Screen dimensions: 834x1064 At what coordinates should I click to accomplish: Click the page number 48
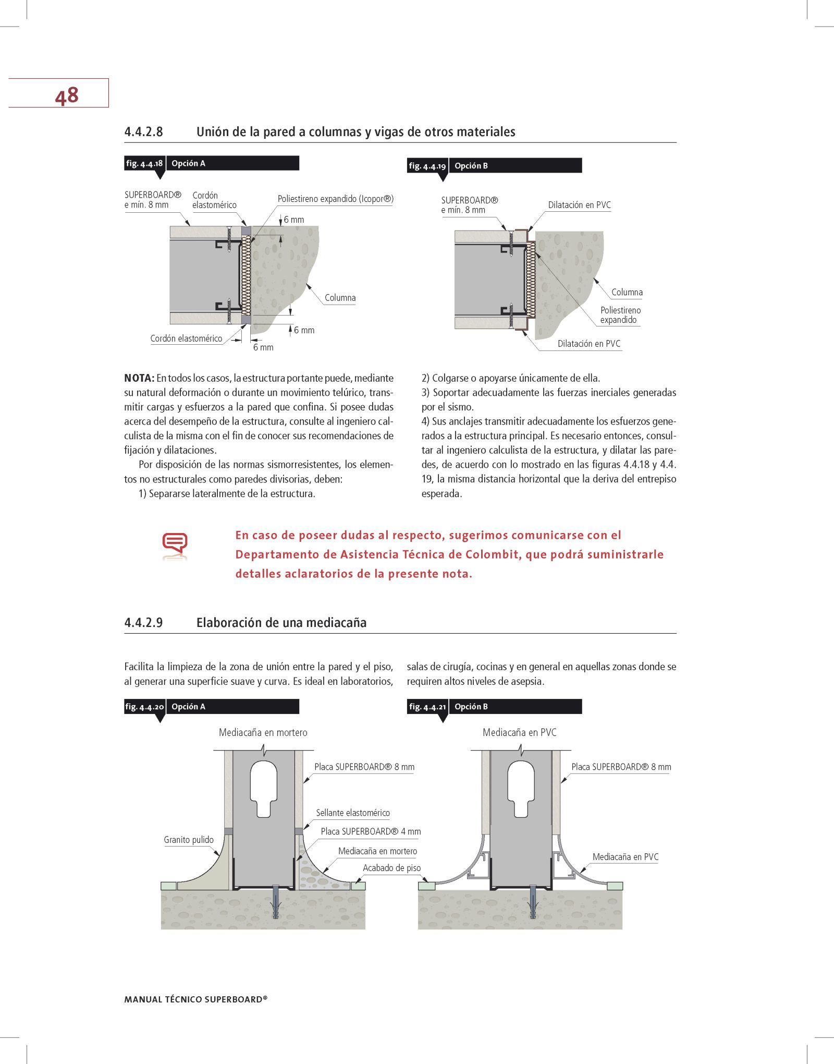pos(67,95)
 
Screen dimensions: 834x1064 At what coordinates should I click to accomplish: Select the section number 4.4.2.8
pos(143,131)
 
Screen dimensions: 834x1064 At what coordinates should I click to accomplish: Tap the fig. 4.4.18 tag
pos(144,163)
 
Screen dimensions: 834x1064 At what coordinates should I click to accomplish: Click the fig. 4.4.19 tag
pos(427,166)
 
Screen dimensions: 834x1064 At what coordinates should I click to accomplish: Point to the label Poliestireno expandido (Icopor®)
pos(336,199)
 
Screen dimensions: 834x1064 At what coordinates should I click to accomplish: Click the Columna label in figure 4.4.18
pos(340,298)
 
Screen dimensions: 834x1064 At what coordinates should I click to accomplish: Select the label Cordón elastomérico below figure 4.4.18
pos(186,338)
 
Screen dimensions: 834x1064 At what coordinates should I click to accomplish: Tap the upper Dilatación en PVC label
pos(579,205)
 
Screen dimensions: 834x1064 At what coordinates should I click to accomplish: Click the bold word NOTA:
pos(139,378)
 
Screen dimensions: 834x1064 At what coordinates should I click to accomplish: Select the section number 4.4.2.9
pos(143,622)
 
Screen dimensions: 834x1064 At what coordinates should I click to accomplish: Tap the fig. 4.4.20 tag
pos(144,707)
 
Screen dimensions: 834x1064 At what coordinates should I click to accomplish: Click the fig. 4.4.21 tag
pos(427,707)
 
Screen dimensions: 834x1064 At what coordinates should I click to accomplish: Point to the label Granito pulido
pos(189,840)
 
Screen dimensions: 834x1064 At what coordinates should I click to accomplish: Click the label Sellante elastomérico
pos(353,813)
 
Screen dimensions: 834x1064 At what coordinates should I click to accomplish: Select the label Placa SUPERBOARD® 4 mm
pos(371,831)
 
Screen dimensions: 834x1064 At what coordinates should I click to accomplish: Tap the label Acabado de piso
pos(391,868)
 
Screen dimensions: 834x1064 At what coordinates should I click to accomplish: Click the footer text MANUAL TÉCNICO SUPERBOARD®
pos(196,999)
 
